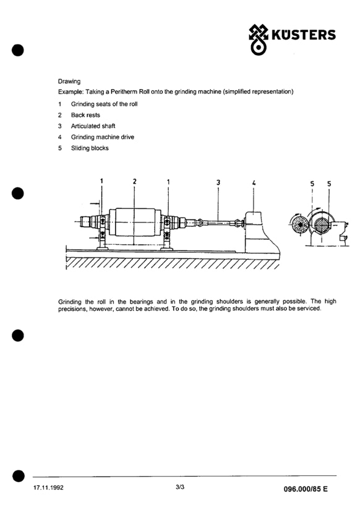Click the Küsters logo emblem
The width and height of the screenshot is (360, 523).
(x=258, y=40)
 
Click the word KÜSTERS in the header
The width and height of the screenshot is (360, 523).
(x=304, y=35)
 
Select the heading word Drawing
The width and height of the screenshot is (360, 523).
(x=69, y=82)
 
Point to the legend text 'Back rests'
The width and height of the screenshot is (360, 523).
(x=85, y=115)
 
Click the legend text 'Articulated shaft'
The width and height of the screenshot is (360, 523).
(x=93, y=126)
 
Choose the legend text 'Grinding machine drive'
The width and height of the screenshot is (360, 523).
(x=103, y=137)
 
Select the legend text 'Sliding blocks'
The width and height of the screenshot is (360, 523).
(x=90, y=148)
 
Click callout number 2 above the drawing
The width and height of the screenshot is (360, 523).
(x=134, y=181)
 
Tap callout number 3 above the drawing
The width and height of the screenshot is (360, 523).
(x=218, y=182)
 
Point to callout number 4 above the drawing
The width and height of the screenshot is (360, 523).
(x=254, y=182)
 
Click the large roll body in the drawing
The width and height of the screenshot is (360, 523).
(x=134, y=222)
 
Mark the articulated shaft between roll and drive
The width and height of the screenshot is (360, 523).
(x=218, y=222)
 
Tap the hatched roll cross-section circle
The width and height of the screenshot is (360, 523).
(x=322, y=225)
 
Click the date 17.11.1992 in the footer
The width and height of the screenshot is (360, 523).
(x=48, y=488)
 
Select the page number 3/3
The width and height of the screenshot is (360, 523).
(x=180, y=487)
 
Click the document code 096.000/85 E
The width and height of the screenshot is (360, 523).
(x=306, y=489)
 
